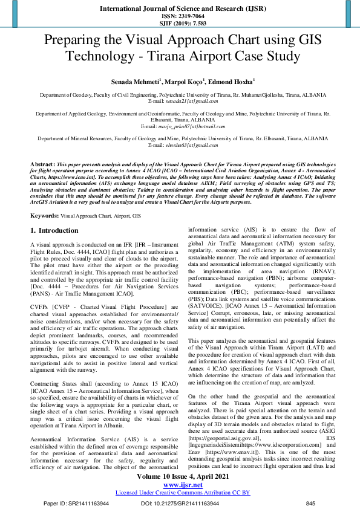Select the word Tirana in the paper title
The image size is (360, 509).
point(169,57)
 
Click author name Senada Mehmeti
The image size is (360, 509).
point(134,82)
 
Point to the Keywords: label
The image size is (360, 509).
point(44,215)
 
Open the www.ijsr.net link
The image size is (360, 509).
point(182,485)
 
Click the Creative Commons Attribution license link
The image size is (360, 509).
point(182,493)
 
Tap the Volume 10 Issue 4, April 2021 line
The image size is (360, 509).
point(182,478)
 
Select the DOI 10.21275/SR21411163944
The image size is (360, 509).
point(180,504)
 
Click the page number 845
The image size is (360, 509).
point(311,504)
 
